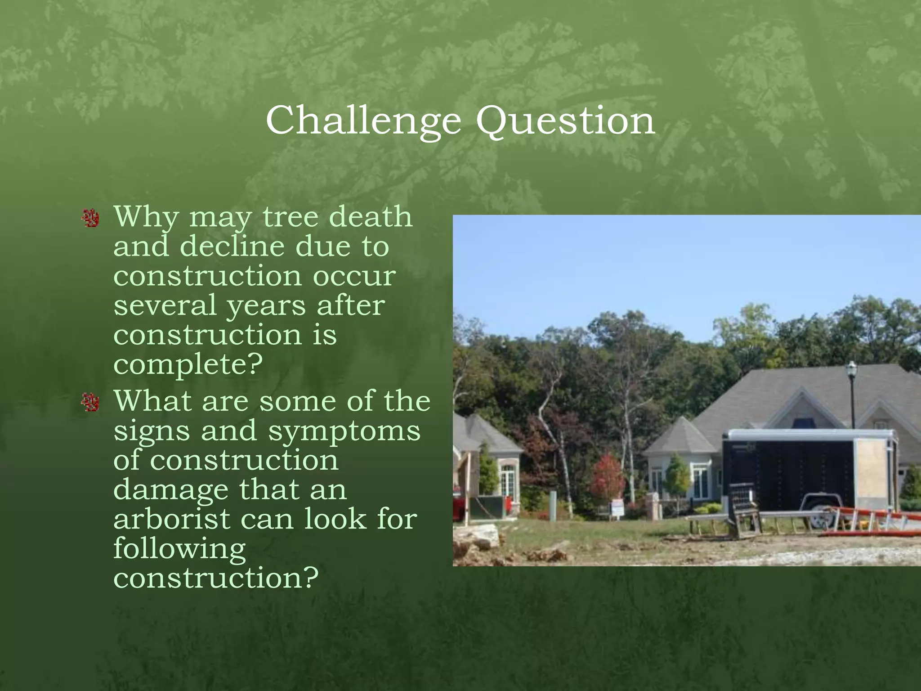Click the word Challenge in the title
(363, 121)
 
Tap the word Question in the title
(565, 121)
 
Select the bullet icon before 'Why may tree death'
(91, 218)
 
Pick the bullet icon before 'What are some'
(91, 402)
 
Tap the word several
(165, 305)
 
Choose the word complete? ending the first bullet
(188, 364)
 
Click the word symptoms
(344, 431)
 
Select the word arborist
(171, 519)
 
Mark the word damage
(170, 490)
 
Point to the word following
(179, 549)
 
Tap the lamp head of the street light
(851, 370)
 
